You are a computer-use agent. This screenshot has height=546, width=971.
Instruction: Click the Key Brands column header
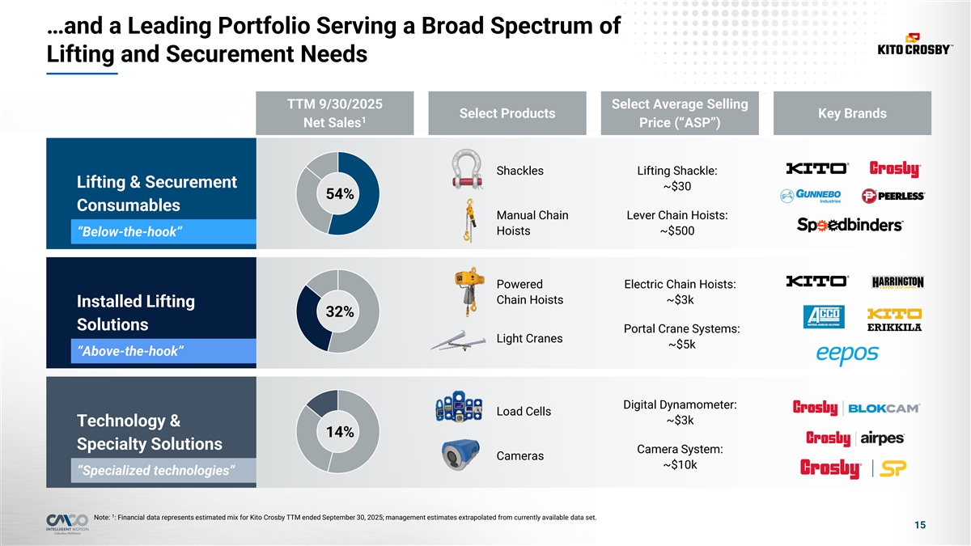(x=852, y=113)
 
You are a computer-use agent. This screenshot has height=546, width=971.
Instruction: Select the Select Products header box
(x=507, y=113)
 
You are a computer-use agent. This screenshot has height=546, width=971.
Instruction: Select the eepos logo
(x=846, y=354)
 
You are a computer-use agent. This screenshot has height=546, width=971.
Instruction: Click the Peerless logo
(x=893, y=196)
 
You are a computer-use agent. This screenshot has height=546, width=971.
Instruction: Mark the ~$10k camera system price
(x=680, y=465)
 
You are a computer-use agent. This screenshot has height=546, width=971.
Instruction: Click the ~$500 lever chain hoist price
(x=676, y=231)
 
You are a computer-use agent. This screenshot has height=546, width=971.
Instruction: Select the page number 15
(x=919, y=526)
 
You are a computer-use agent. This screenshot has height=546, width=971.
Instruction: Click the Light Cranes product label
(x=529, y=338)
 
